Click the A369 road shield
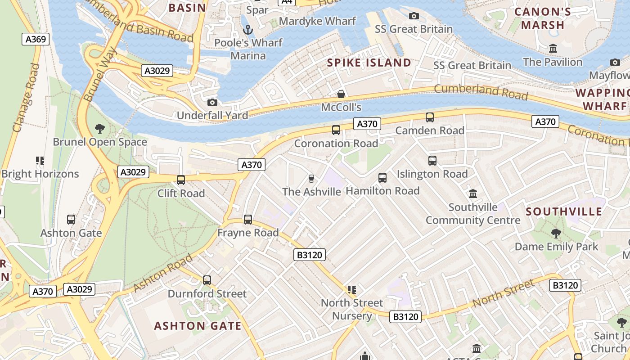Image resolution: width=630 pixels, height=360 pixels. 36,39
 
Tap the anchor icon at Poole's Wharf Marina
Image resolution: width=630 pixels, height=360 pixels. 247,30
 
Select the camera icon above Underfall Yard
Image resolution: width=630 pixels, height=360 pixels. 212,102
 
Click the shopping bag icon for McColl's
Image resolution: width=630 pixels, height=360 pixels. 341,94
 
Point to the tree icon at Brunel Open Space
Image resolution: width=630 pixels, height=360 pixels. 100,129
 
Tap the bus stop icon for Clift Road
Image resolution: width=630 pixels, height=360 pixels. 181,180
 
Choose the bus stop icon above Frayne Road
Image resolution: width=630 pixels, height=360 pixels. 248,220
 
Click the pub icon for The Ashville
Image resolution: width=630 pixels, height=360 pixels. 311,179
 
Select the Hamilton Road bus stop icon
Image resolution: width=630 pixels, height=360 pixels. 382,178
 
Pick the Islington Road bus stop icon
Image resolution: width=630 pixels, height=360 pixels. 432,161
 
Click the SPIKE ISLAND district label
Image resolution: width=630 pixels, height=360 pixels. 369,63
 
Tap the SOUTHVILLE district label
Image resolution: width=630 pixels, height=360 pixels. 564,211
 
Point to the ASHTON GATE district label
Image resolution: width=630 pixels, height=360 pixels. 198,326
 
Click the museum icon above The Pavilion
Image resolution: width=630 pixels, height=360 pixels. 553,49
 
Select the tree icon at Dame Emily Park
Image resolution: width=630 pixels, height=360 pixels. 556,233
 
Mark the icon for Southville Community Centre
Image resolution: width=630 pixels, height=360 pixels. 473,194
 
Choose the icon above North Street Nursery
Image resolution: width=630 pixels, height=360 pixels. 352,289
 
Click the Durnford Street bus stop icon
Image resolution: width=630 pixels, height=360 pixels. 207,280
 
